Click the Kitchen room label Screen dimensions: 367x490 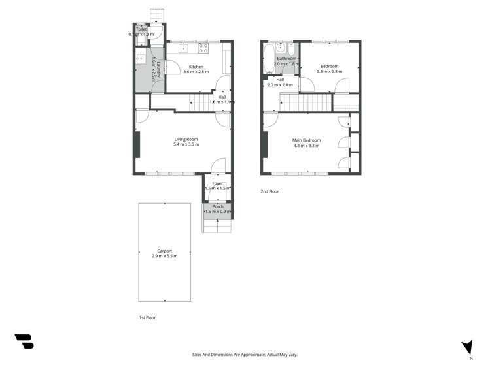tap(196, 67)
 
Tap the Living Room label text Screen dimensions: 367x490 tap(186, 139)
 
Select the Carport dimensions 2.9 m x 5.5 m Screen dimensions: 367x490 tap(164, 256)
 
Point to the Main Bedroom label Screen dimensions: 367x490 tap(306, 140)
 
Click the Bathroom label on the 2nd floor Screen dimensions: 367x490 tap(287, 59)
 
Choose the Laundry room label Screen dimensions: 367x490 tap(155, 59)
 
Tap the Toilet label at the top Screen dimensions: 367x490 tap(141, 29)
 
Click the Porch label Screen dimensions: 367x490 tap(217, 206)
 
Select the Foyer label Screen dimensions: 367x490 tap(217, 183)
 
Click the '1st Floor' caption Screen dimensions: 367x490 tap(147, 317)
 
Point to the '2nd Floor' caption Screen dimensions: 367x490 tap(270, 191)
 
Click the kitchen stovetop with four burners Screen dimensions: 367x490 tap(203, 48)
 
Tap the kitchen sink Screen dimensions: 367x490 tap(184, 48)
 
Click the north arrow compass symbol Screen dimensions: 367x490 tap(468, 347)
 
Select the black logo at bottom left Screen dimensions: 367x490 tap(24, 341)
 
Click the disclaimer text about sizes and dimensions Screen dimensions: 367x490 tap(245, 354)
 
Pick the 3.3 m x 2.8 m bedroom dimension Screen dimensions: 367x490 tap(329, 71)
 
